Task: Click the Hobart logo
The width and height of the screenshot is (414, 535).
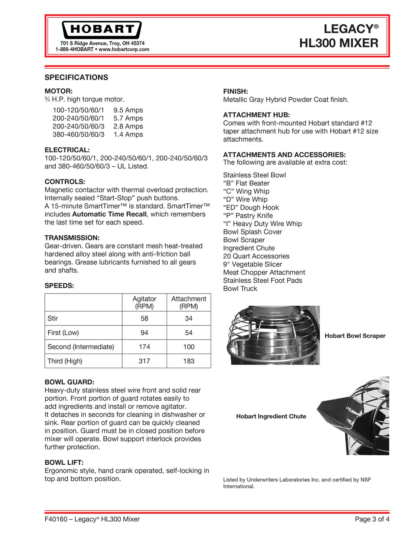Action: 101,29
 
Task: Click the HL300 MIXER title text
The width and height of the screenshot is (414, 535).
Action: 339,43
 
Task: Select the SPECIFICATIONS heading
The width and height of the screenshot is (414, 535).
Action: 76,78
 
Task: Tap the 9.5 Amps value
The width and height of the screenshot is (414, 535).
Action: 128,110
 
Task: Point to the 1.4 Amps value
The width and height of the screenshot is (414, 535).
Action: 128,134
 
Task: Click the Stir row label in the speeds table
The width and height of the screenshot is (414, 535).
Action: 53,319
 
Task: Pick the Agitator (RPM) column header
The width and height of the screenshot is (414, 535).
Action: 144,302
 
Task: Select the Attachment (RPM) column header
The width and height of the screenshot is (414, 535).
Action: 189,302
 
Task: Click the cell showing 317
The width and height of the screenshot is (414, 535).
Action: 144,361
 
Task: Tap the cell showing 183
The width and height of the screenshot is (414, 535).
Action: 189,361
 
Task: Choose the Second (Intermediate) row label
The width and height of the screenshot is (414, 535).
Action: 81,347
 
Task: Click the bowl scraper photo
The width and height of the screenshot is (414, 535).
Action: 273,335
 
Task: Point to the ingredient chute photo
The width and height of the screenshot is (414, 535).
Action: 353,416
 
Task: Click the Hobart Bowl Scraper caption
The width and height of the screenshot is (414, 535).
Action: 355,336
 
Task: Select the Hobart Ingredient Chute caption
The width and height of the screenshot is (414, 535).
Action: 271,417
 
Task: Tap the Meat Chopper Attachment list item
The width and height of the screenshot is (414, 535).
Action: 264,273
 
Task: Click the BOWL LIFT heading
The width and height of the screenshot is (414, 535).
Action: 64,463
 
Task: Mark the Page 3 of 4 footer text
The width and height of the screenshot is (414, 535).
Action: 372,519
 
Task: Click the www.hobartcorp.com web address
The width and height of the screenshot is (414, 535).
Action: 124,50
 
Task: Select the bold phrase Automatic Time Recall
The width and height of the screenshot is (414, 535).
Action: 109,214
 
